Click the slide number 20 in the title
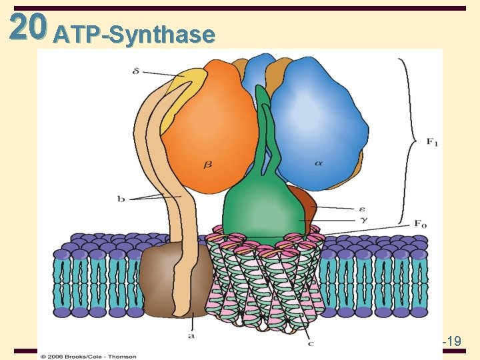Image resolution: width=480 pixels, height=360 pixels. [x=29, y=27]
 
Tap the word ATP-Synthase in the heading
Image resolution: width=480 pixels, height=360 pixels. [x=135, y=35]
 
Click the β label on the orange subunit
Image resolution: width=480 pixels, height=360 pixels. [x=208, y=164]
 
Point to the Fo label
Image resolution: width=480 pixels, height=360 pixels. [x=420, y=225]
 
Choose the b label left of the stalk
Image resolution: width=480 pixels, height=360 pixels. [x=122, y=198]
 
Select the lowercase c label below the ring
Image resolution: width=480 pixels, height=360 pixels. [x=311, y=343]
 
